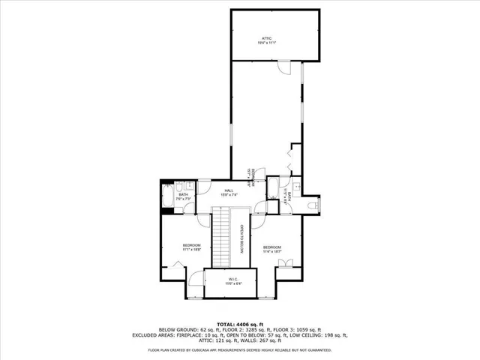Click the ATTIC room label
point(266,39)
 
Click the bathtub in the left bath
point(167,199)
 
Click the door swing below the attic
point(283,67)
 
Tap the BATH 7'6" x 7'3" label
point(184,197)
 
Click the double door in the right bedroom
point(283,262)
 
